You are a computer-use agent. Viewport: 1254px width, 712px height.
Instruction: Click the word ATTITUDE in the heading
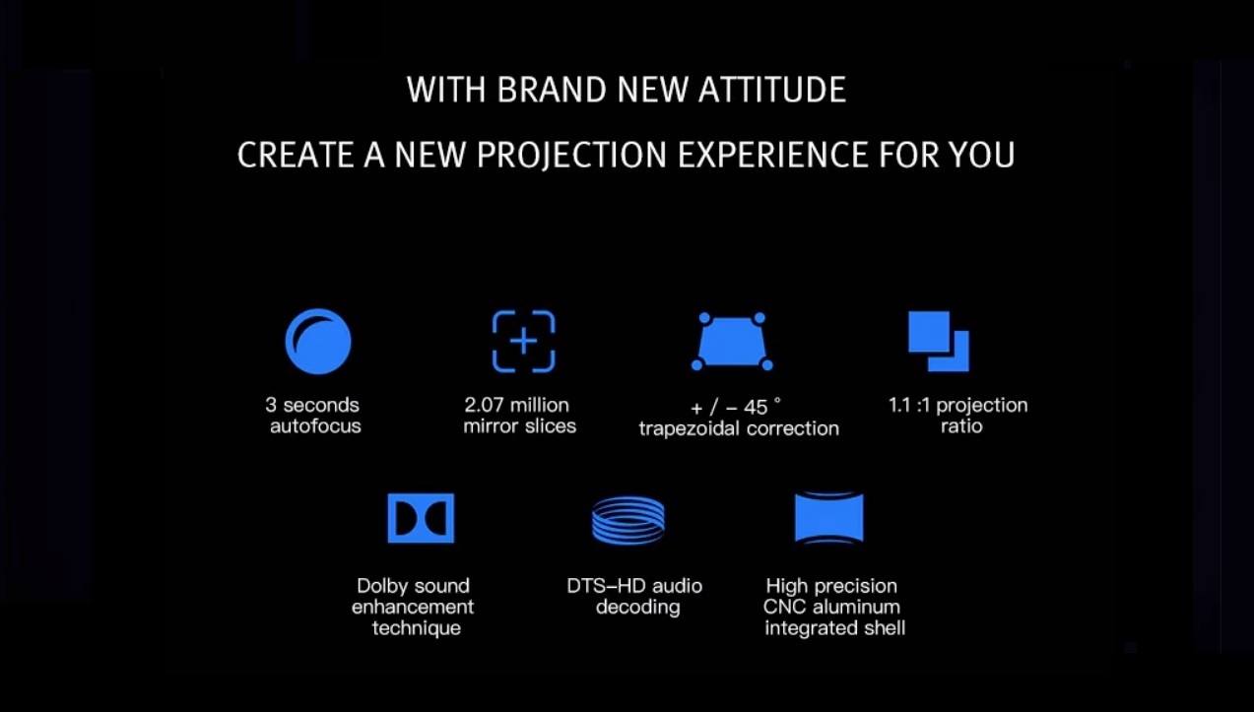772,90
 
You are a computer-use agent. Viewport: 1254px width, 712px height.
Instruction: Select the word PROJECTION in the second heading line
571,155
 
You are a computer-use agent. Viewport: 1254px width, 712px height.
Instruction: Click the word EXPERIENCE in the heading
772,155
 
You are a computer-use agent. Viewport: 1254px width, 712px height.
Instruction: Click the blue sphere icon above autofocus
318,342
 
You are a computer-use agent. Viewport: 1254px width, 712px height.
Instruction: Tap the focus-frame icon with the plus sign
523,342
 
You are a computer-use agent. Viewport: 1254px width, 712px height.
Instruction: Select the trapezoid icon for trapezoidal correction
732,342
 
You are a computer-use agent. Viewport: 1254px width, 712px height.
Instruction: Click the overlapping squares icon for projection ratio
939,342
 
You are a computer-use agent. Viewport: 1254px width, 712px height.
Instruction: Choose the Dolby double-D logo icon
421,518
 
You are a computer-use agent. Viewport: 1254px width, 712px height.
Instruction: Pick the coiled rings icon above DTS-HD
628,521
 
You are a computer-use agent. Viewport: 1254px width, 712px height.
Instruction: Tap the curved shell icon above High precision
829,518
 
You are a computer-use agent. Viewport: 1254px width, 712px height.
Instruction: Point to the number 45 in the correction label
756,408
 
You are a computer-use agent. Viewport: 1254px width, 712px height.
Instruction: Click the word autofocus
316,426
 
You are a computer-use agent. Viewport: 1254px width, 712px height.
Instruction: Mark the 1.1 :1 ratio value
909,405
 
